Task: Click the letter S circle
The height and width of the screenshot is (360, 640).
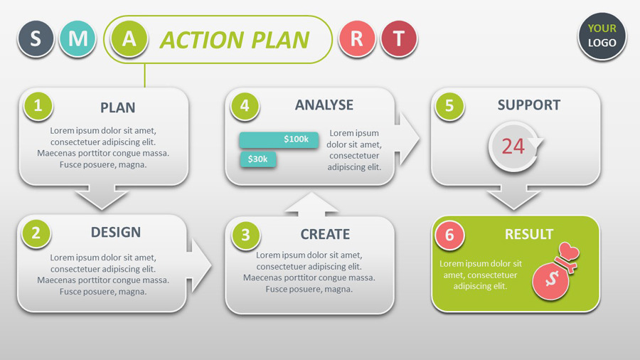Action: pos(36,38)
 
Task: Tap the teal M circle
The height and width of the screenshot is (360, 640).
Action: pos(78,38)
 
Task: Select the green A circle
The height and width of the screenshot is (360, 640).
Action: pos(129,38)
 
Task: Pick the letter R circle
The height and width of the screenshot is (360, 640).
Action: pos(357,38)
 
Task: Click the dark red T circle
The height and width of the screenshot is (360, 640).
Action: pos(399,38)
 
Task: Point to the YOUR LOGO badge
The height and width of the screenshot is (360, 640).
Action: pos(602,36)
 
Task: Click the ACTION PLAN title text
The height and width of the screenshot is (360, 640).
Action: pos(234,40)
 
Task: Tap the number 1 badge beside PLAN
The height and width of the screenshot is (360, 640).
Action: pos(38,106)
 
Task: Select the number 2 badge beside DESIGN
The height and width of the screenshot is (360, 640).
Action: pos(36,233)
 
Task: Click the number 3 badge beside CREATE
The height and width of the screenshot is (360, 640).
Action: pos(245,235)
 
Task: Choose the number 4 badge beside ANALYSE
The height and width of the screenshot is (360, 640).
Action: pos(245,106)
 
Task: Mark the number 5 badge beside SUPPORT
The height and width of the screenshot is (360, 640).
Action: pos(449,106)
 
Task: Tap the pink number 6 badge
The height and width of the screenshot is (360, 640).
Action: pos(449,235)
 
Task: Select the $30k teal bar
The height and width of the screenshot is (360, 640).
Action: pos(258,159)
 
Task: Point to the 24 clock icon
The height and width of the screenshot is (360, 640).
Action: pos(513,147)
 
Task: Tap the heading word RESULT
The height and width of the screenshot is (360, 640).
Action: pos(529,234)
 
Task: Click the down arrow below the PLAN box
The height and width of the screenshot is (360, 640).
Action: pos(102,197)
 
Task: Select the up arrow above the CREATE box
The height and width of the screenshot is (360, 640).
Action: pos(311,203)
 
